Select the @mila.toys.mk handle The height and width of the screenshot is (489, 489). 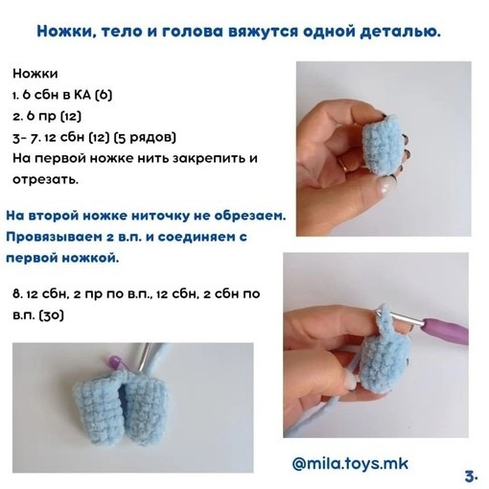[350, 464]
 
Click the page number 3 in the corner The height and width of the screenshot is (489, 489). [471, 477]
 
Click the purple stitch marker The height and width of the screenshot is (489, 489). [115, 361]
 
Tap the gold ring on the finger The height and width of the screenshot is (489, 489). [344, 164]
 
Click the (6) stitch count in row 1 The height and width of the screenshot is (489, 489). [104, 95]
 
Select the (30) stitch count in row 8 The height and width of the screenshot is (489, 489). [51, 315]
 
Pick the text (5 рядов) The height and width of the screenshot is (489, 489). [145, 138]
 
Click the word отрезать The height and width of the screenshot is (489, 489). [45, 180]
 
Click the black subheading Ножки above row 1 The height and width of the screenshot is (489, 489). [35, 74]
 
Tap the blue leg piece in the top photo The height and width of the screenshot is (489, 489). [382, 146]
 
